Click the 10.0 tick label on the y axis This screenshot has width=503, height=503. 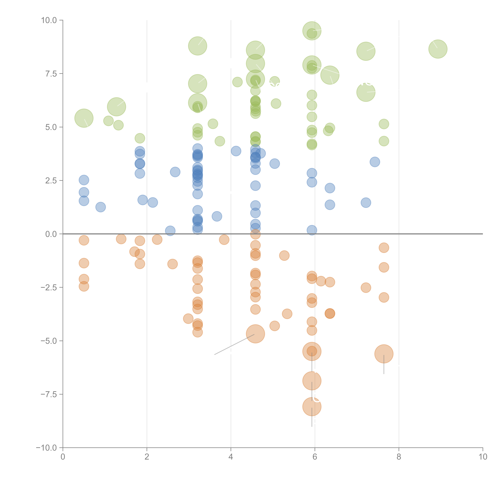[49, 20]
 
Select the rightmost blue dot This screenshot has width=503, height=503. [375, 162]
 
